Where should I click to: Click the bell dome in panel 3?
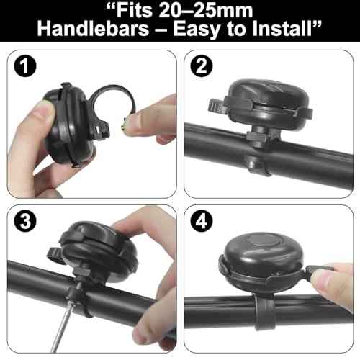pos(101,248)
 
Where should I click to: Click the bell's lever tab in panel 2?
pos(216,109)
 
